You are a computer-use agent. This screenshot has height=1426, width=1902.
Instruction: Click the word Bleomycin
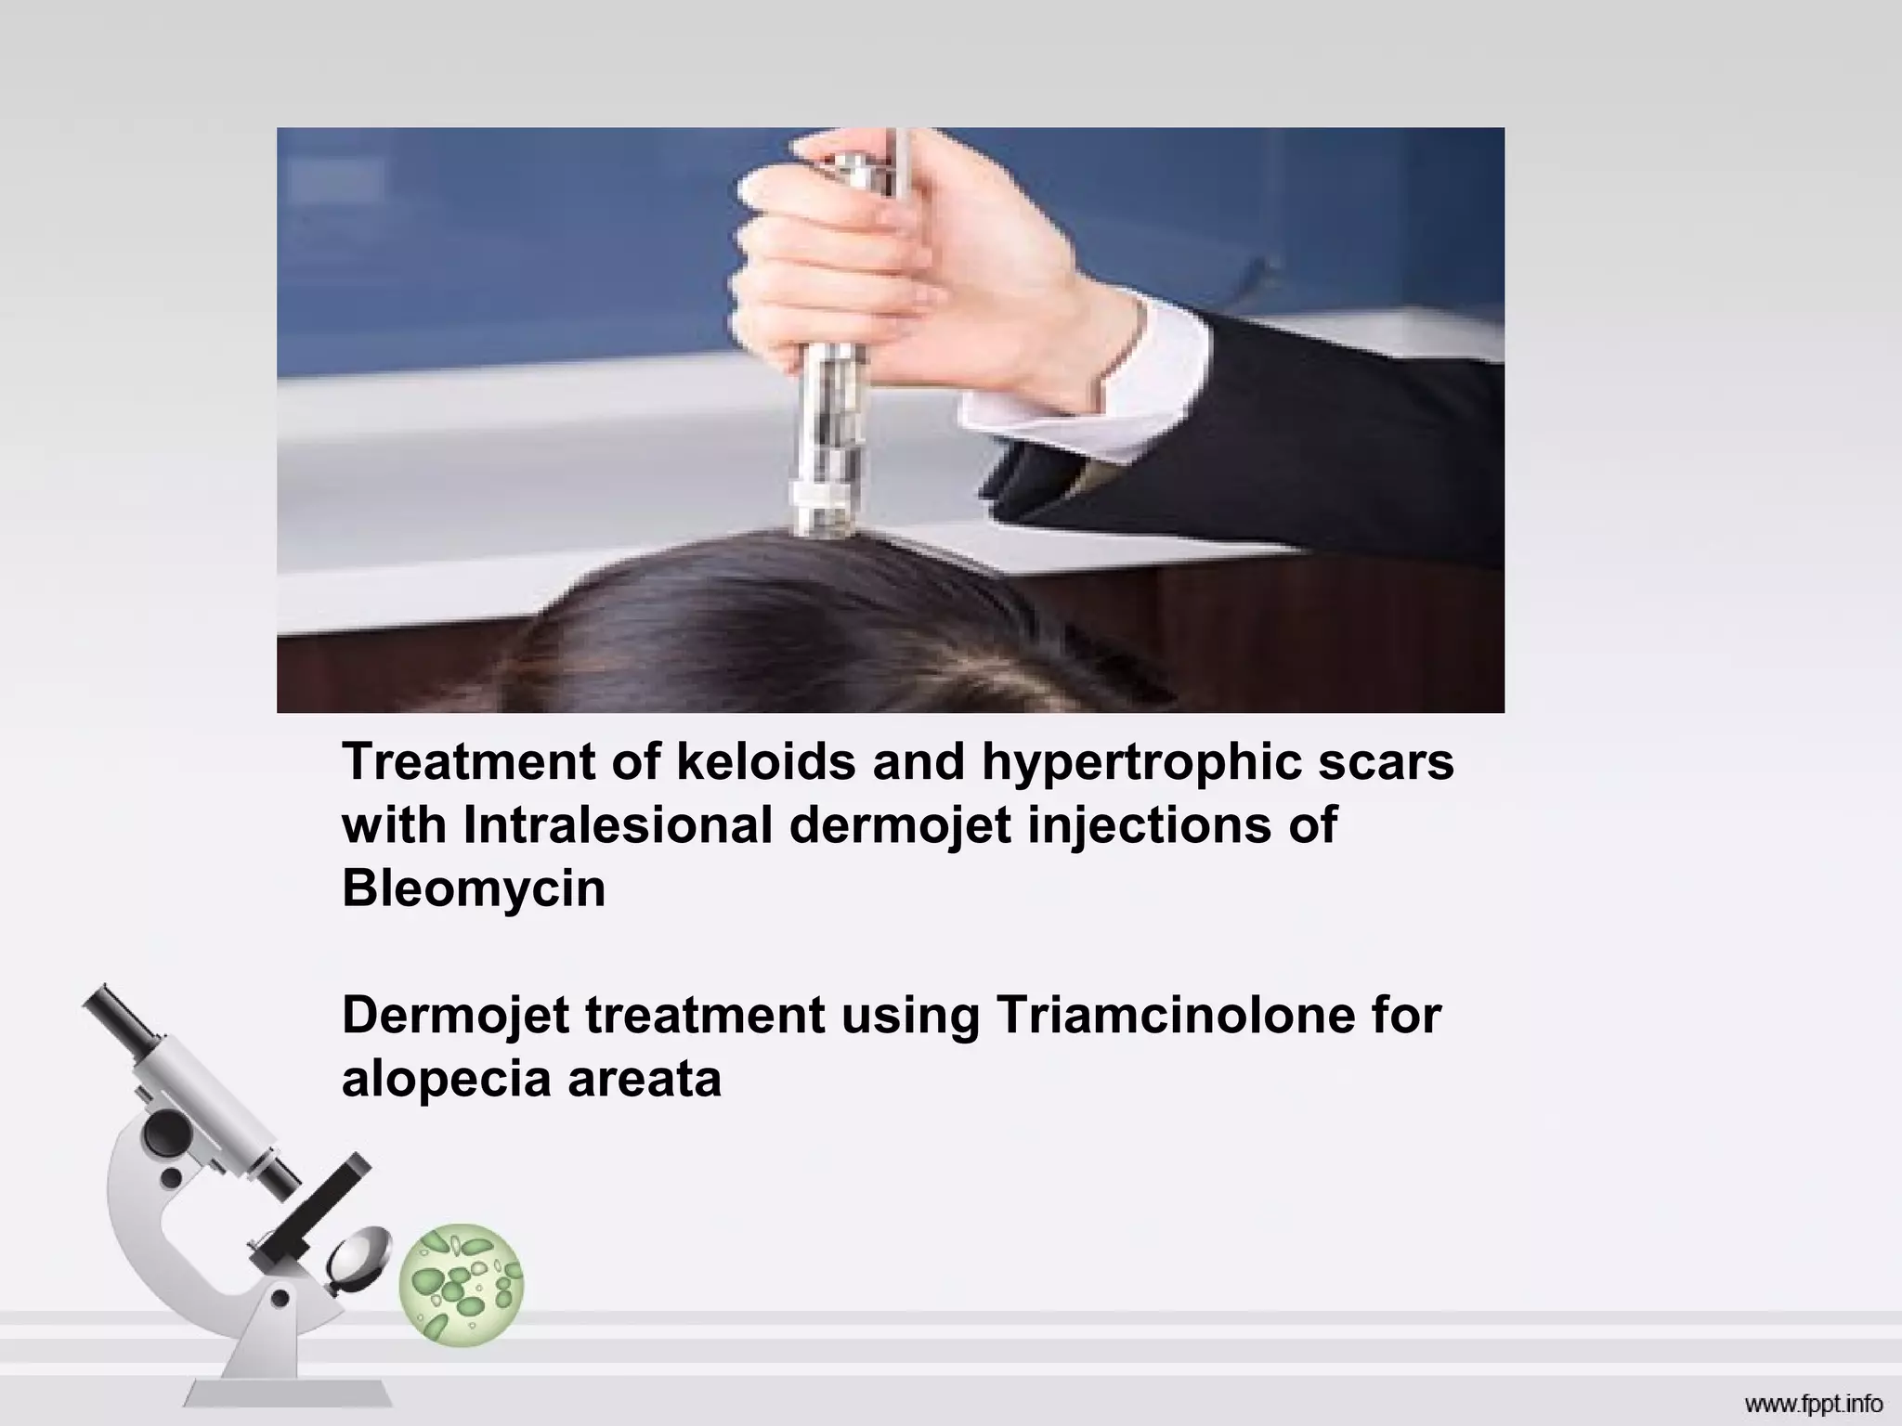point(474,888)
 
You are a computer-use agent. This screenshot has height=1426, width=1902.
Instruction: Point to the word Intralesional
point(617,824)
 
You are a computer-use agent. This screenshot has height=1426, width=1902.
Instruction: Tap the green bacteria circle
point(461,1285)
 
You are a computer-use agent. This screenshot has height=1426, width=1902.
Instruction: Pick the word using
point(909,1017)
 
